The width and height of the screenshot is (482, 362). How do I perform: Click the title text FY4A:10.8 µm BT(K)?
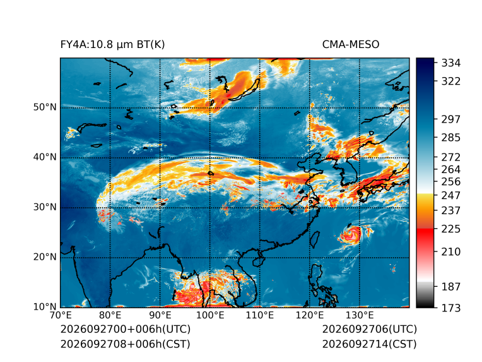click(x=112, y=45)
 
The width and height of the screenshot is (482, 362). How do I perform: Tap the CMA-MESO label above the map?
click(x=350, y=45)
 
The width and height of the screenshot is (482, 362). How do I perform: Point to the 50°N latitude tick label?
click(x=45, y=107)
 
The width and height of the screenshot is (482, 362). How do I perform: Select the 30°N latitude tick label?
click(x=45, y=207)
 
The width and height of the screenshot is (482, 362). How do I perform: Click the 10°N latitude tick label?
click(x=45, y=306)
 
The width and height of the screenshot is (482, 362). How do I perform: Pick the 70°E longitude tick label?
click(x=61, y=315)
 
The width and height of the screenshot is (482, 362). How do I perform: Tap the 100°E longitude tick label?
click(x=210, y=315)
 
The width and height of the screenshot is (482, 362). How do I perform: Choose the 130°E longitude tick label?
click(x=360, y=315)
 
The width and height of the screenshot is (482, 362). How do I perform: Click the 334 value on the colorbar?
click(x=451, y=63)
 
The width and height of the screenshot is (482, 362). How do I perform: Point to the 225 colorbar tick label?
click(x=451, y=229)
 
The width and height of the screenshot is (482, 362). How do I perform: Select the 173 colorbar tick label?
click(x=451, y=308)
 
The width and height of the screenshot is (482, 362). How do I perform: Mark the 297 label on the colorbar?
click(x=451, y=119)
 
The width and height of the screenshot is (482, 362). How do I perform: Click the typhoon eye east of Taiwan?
click(x=351, y=234)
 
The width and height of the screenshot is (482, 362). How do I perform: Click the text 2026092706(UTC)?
click(x=370, y=329)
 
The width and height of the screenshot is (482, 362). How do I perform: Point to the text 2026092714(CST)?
click(x=370, y=344)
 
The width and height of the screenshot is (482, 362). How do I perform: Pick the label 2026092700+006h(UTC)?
click(x=126, y=329)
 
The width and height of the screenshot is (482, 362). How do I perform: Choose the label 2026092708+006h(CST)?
click(x=126, y=344)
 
